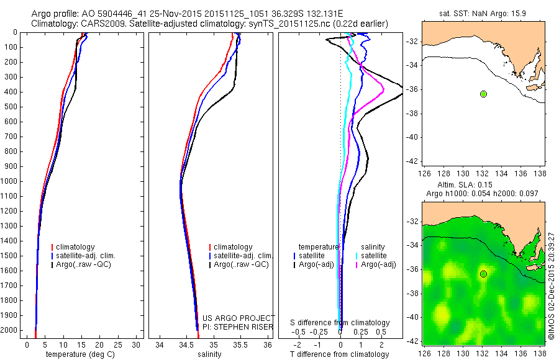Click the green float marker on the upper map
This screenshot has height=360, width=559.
point(483,94)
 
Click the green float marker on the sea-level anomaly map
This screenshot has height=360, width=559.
point(483,274)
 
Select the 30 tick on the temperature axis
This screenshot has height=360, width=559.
point(136,344)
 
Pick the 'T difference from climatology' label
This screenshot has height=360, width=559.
point(340,354)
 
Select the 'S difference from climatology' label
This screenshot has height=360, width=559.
point(340,323)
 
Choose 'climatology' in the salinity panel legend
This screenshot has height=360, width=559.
point(234,247)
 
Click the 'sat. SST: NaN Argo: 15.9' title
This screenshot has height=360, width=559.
point(483,12)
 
